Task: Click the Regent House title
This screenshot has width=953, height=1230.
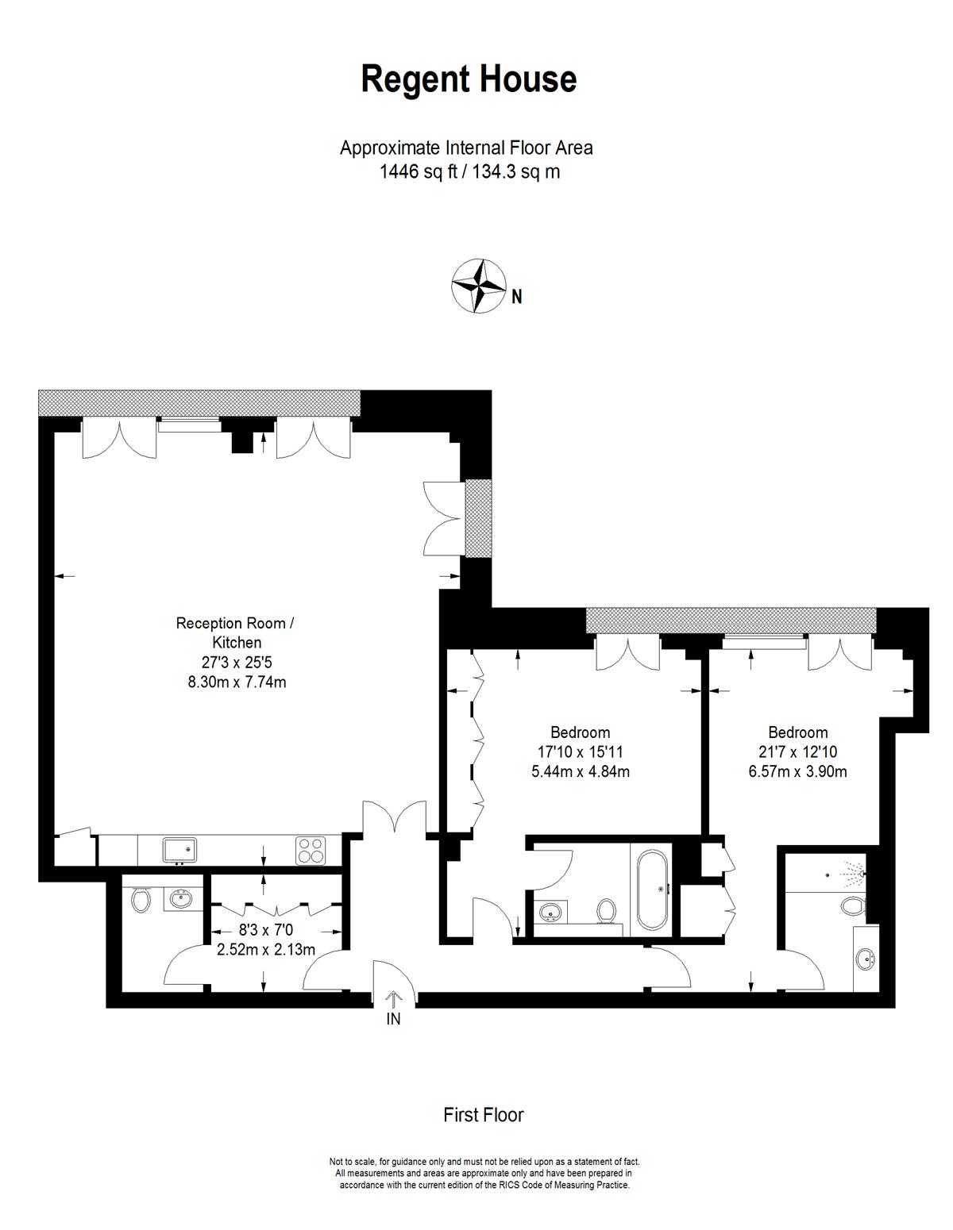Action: pyautogui.click(x=469, y=79)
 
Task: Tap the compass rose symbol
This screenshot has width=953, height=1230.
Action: pyautogui.click(x=478, y=286)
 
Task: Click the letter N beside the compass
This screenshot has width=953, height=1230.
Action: pyautogui.click(x=516, y=297)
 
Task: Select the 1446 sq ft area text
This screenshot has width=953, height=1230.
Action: pyautogui.click(x=418, y=171)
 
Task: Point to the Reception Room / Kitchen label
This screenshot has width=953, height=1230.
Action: pyautogui.click(x=236, y=632)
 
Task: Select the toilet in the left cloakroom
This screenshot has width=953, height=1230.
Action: pyautogui.click(x=140, y=899)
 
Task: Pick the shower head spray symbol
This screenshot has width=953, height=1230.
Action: pyautogui.click(x=855, y=873)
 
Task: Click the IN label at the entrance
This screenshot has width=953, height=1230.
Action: pyautogui.click(x=393, y=1019)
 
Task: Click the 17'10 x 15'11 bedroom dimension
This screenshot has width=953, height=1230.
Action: pyautogui.click(x=580, y=751)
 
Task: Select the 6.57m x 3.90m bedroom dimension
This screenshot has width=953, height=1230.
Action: pyautogui.click(x=797, y=771)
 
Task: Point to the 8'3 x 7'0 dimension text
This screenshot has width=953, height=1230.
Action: pyautogui.click(x=265, y=930)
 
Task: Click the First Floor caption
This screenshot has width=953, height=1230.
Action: pyautogui.click(x=483, y=1115)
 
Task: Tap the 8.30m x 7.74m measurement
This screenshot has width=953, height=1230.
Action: pyautogui.click(x=237, y=682)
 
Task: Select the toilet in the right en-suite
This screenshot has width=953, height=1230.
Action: pyautogui.click(x=854, y=905)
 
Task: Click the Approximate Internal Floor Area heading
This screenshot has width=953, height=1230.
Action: pyautogui.click(x=466, y=148)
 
